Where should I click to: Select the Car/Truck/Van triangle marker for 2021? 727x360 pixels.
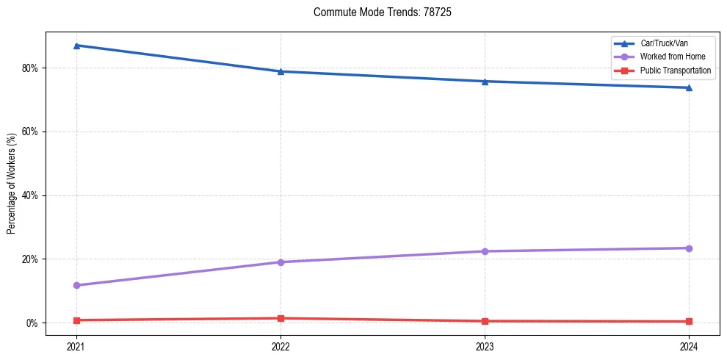(x=76, y=46)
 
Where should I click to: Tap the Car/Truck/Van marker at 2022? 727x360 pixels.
(x=281, y=71)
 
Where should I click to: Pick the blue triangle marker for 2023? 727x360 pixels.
(x=485, y=81)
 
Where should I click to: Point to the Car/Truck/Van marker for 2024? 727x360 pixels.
(x=689, y=87)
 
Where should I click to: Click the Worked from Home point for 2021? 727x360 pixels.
(x=76, y=285)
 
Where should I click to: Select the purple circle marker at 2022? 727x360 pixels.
(x=281, y=262)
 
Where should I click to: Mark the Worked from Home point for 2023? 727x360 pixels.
(x=485, y=251)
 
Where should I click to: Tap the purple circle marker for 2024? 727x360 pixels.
(x=689, y=248)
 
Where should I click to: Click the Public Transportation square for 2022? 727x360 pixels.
(x=281, y=318)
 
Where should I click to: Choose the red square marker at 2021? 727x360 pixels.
(x=76, y=320)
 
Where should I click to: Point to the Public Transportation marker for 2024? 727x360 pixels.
(x=689, y=321)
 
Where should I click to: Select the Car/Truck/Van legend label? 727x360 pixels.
(x=664, y=43)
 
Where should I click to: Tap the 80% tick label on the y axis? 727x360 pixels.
(x=30, y=68)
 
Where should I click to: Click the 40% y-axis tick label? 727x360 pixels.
(x=30, y=195)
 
